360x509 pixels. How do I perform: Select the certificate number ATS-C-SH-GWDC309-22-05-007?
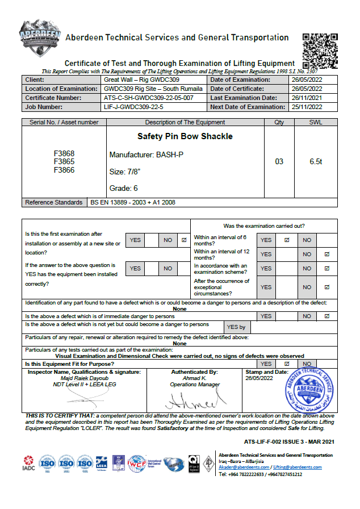pos(149,98)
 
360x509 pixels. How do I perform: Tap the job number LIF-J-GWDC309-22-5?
pos(133,107)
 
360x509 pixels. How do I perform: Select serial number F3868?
pos(64,154)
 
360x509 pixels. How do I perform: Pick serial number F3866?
pos(64,170)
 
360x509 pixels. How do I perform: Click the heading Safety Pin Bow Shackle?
pos(185,137)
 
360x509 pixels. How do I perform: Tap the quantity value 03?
pos(279,162)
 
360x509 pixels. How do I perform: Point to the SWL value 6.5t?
pos(316,162)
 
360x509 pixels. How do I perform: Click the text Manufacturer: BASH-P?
pos(146,155)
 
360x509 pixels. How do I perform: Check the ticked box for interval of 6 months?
pos(287,240)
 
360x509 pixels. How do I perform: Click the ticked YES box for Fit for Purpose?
pos(287,364)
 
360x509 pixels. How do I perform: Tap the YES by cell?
pos(236,327)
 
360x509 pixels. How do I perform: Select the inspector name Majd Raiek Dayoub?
pos(84,378)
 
